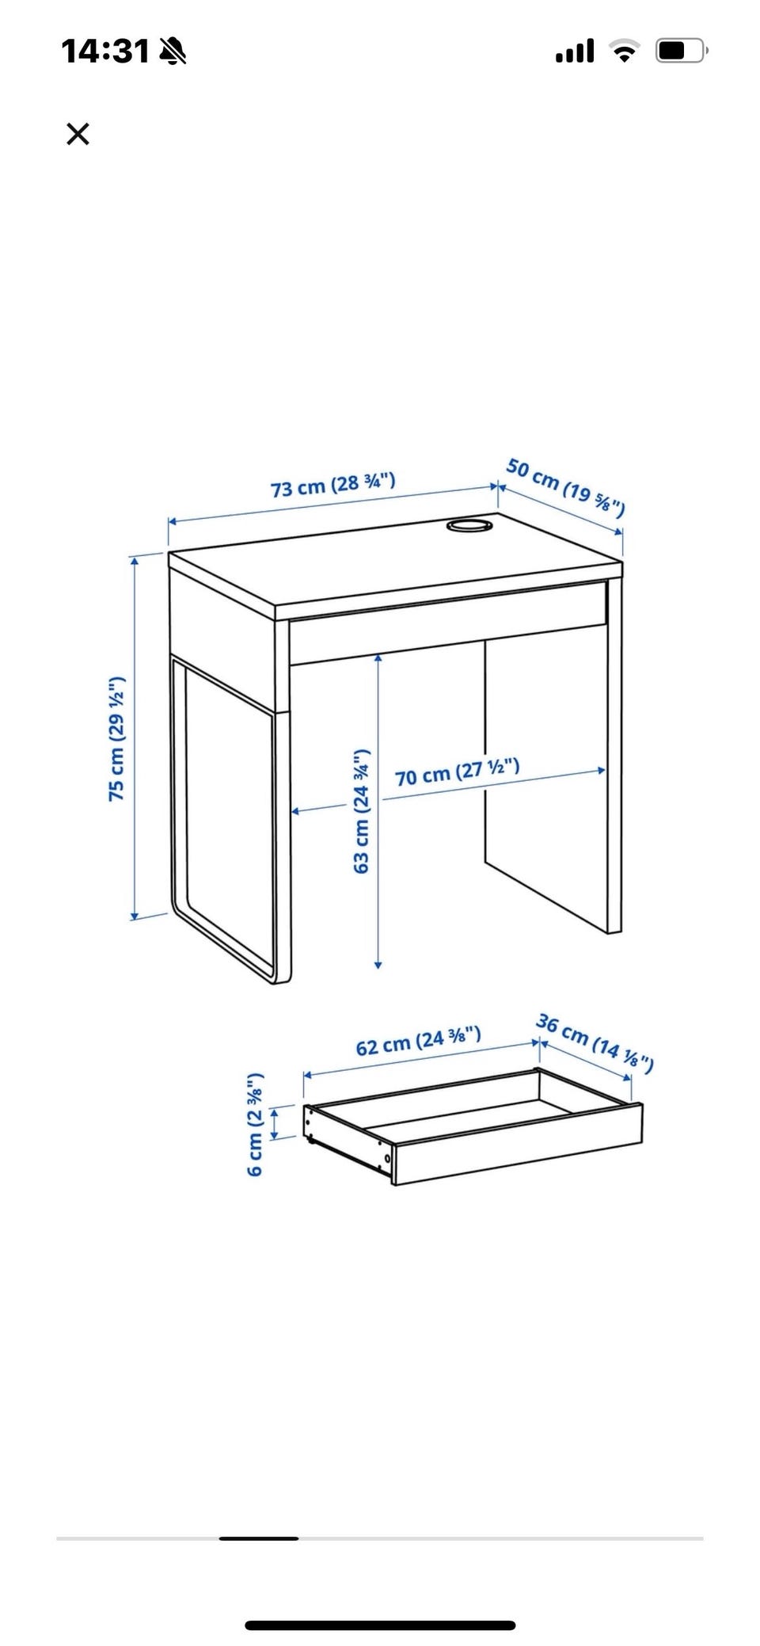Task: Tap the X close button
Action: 78,134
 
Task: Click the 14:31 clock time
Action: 105,51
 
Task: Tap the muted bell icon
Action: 173,51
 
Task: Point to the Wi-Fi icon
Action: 625,51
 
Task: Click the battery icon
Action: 681,51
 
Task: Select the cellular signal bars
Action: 575,51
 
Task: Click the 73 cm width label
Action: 333,485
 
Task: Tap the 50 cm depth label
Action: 566,487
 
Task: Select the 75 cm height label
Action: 117,738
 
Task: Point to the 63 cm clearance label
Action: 361,810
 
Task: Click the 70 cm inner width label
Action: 458,772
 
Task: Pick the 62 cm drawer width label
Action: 418,1041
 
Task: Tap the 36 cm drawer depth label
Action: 595,1042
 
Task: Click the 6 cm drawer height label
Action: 255,1125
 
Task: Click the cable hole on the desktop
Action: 469,524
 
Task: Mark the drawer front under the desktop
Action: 449,623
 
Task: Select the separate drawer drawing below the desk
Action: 473,1126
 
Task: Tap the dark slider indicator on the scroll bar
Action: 259,1538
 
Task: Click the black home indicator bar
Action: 380,1625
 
